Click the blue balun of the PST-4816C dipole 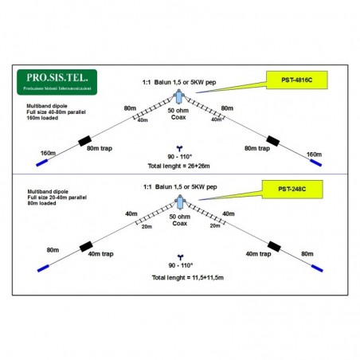coord(180,97)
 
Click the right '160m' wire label coord(314,153)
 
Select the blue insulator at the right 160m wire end coord(317,162)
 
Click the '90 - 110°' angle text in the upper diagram coord(181,156)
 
